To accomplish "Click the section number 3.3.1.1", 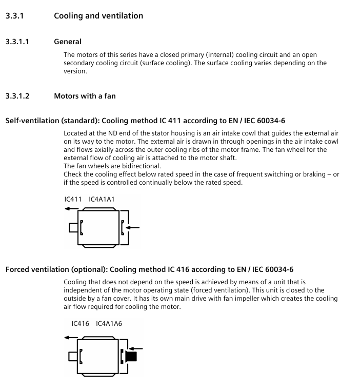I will (17, 42).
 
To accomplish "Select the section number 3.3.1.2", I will (17, 96).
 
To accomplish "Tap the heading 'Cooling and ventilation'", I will (98, 16).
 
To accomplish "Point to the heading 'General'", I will (68, 42).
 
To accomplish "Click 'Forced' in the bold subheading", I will (18, 269).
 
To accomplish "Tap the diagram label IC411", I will (73, 199).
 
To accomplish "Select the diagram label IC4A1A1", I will (102, 199).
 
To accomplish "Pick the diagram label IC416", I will (81, 324).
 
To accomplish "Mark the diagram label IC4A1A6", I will (109, 324).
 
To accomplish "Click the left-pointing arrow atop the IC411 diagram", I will (71, 209).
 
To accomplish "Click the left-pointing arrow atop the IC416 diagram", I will (71, 338).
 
